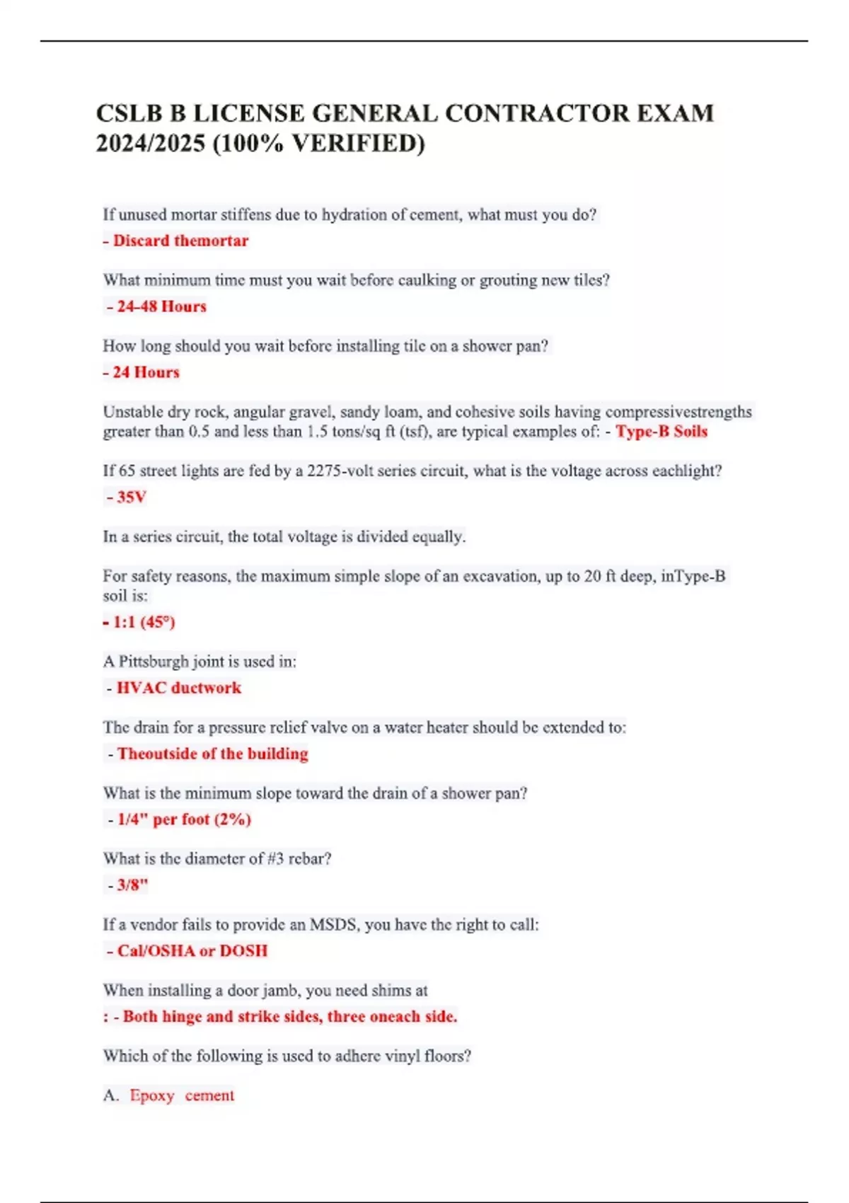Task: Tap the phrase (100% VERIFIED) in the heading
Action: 318,144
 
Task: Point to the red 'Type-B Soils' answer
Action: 662,432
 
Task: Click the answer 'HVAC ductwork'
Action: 178,688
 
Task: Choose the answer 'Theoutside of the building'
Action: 212,754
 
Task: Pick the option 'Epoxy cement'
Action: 181,1095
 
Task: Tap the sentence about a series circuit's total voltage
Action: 284,537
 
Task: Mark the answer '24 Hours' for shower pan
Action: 146,372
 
